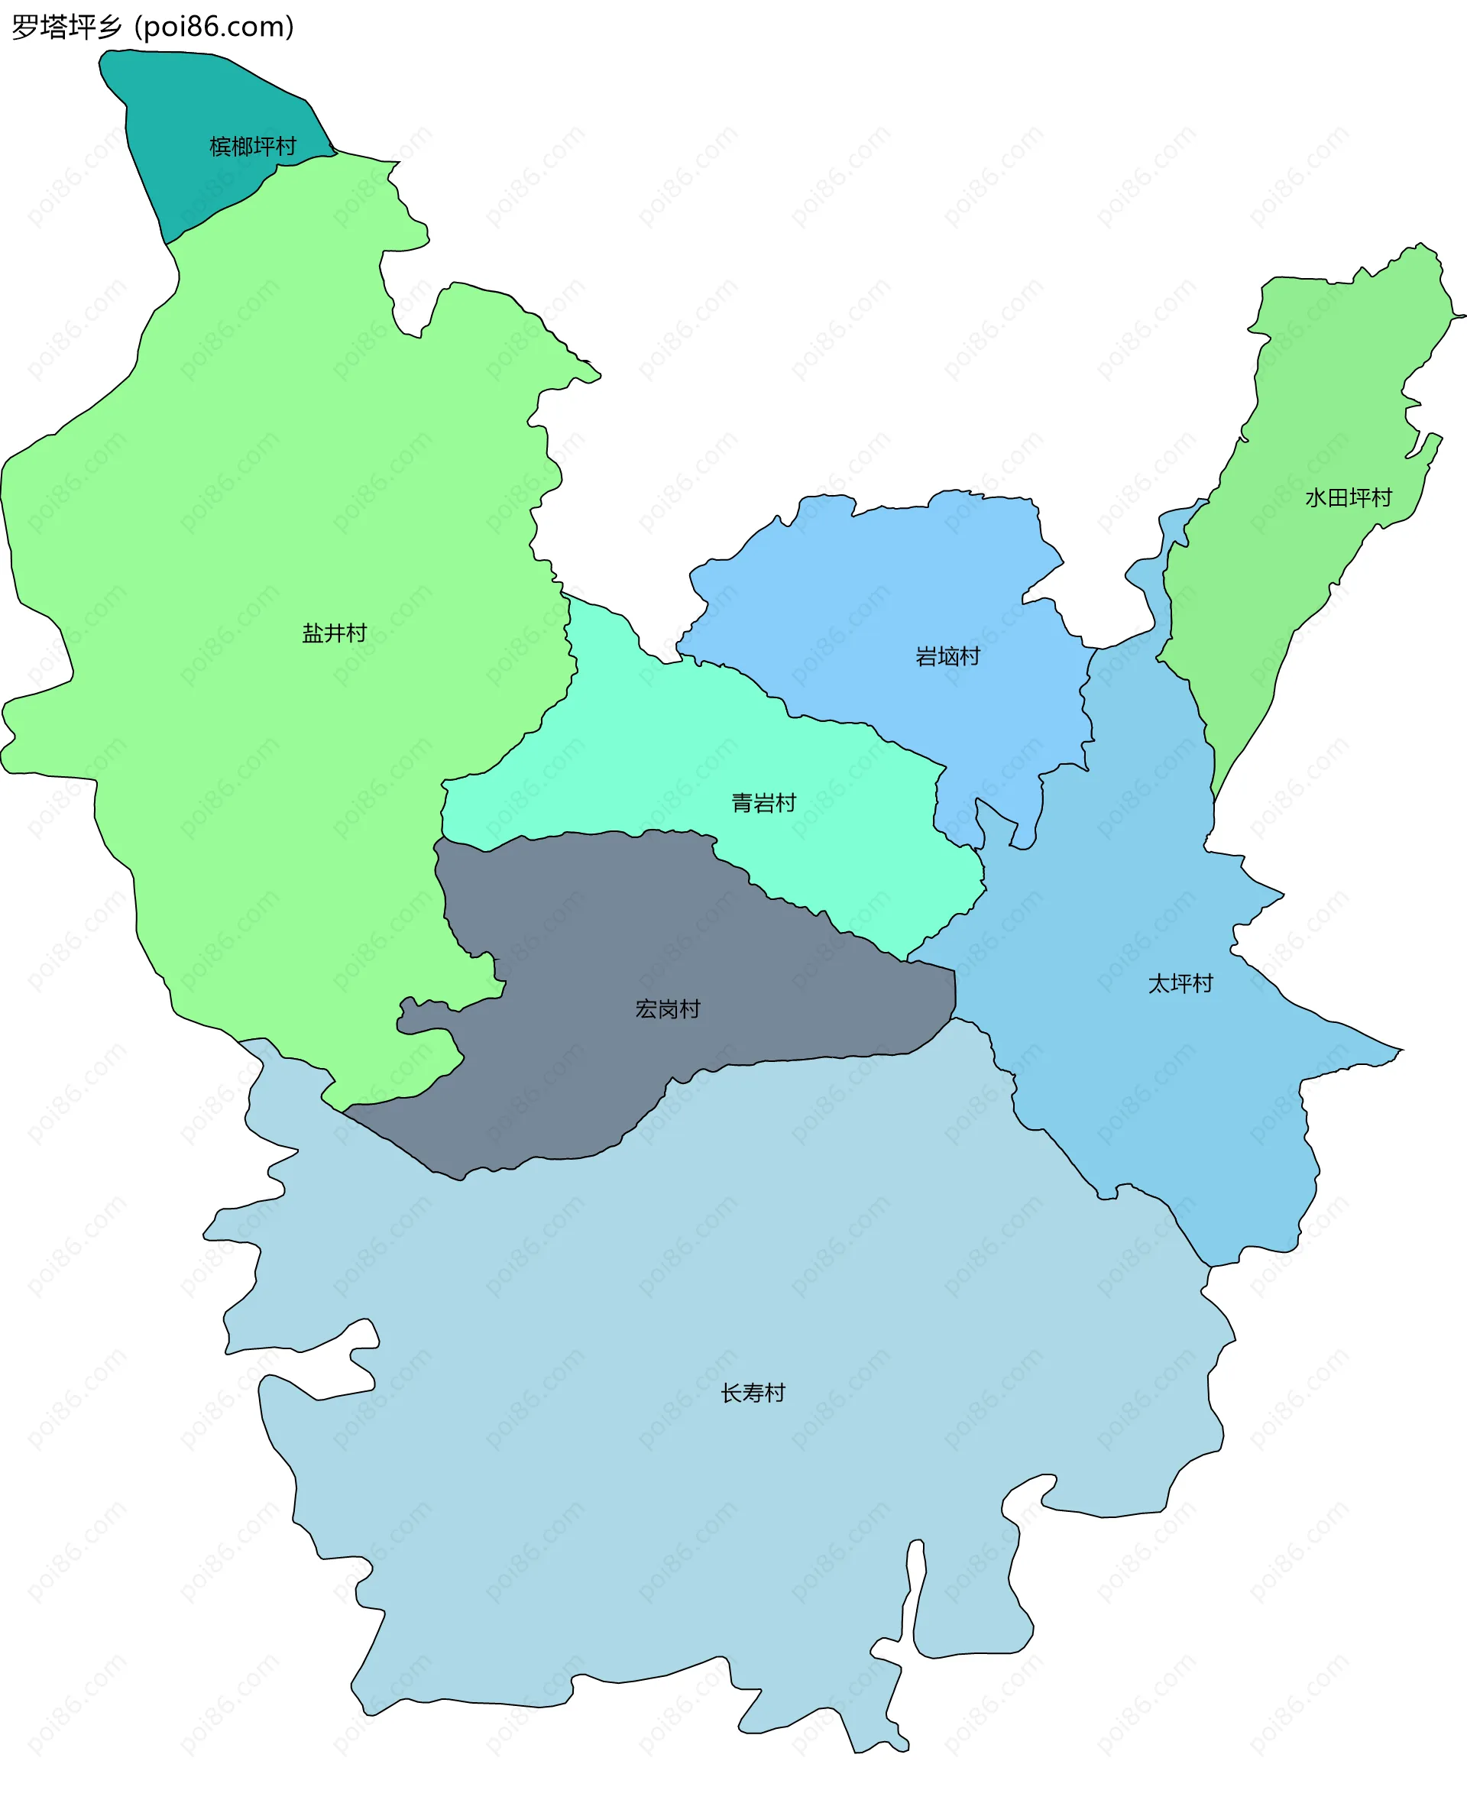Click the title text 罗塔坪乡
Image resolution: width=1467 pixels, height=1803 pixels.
[66, 27]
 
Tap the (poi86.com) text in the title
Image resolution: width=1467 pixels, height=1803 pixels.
[215, 27]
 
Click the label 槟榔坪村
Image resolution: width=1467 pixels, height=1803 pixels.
[253, 147]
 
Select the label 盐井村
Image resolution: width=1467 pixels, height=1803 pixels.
[335, 633]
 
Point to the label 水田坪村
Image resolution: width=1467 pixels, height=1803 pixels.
[1348, 497]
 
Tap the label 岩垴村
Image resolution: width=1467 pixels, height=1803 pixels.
[947, 656]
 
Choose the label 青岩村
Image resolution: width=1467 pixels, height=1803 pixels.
[763, 803]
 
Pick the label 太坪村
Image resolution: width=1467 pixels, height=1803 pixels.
[1180, 983]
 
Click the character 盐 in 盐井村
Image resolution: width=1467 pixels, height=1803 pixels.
[313, 633]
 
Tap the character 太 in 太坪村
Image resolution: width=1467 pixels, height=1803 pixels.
[1158, 983]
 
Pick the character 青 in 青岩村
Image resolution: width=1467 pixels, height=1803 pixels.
[742, 803]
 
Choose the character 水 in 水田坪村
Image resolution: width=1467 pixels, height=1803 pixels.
[1316, 497]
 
